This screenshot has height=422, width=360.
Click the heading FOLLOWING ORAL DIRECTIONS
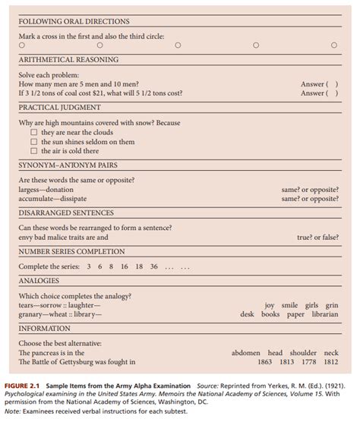(x=74, y=21)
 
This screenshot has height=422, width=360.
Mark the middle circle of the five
(x=178, y=46)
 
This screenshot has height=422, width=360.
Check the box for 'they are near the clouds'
(x=33, y=132)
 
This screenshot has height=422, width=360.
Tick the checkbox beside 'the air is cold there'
(x=33, y=150)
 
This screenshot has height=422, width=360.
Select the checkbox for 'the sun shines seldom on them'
(x=33, y=141)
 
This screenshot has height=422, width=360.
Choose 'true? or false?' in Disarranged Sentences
(x=317, y=237)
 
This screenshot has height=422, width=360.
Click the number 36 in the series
(x=154, y=266)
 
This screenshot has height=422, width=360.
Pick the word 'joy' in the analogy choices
(x=270, y=305)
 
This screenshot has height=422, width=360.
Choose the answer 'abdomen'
(x=247, y=353)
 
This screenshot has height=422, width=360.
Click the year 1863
(x=264, y=362)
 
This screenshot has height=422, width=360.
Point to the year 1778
(x=308, y=362)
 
